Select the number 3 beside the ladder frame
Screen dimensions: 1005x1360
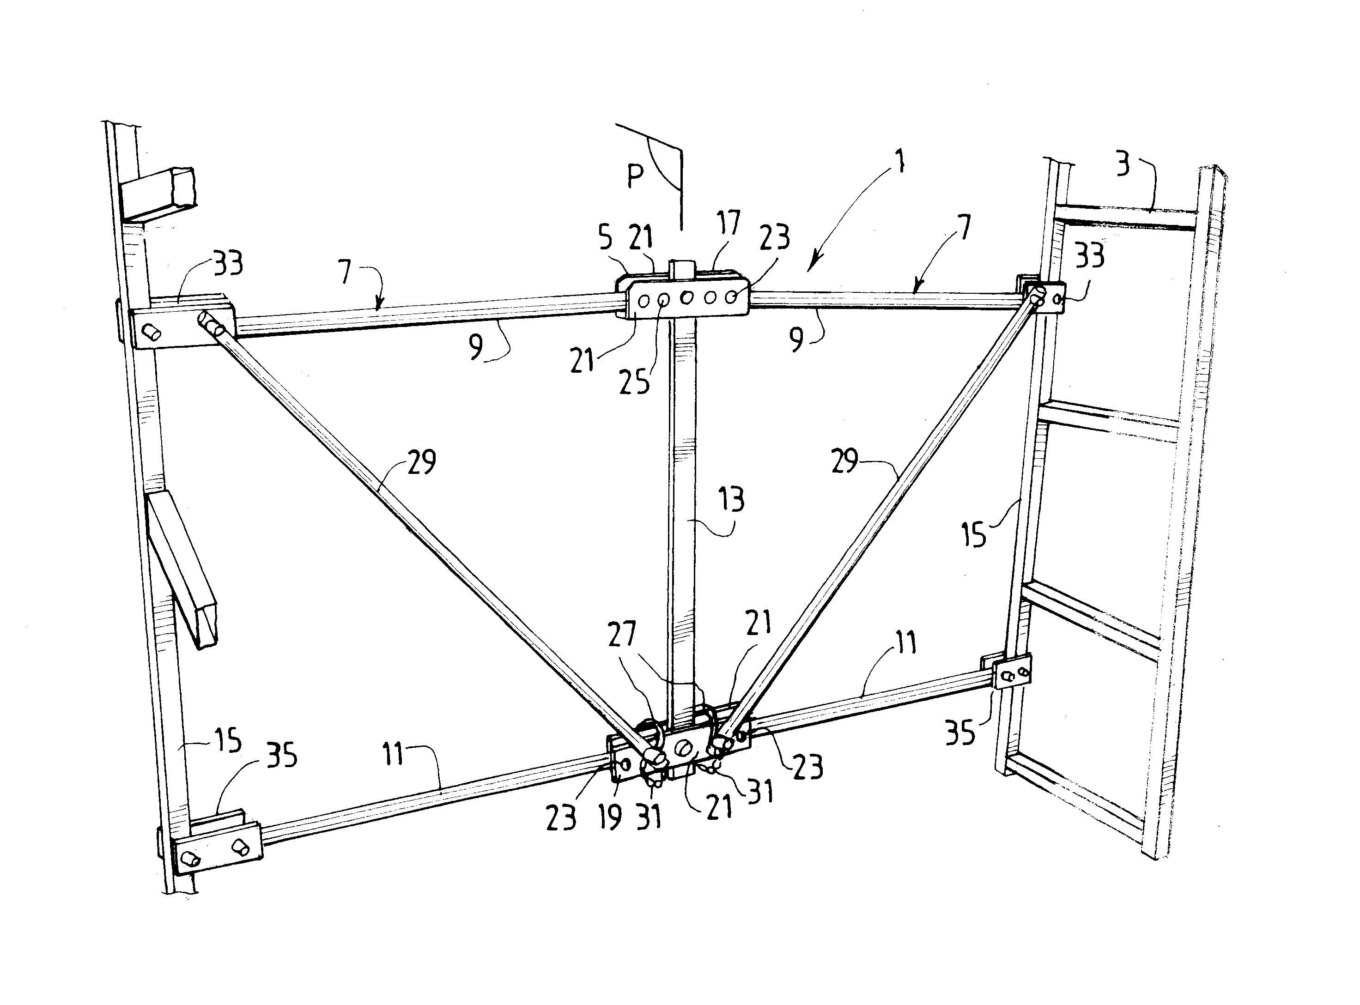tap(1123, 165)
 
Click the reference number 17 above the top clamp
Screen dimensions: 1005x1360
tap(728, 223)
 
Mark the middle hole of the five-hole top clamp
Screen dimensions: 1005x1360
tap(687, 298)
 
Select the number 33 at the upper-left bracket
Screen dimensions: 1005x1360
tap(227, 264)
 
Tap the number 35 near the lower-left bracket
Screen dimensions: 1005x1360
tap(282, 756)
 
